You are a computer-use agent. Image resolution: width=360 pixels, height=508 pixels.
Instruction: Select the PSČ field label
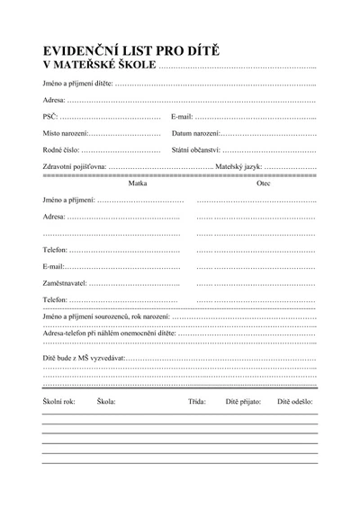[49, 117]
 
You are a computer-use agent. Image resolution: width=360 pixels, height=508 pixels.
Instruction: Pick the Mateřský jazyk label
[238, 166]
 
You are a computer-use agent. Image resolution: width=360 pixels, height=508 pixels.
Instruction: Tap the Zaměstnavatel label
[66, 283]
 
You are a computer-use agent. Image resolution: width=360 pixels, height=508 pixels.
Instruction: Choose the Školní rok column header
[58, 401]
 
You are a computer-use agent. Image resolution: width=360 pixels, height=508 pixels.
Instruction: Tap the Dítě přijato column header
[243, 401]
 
